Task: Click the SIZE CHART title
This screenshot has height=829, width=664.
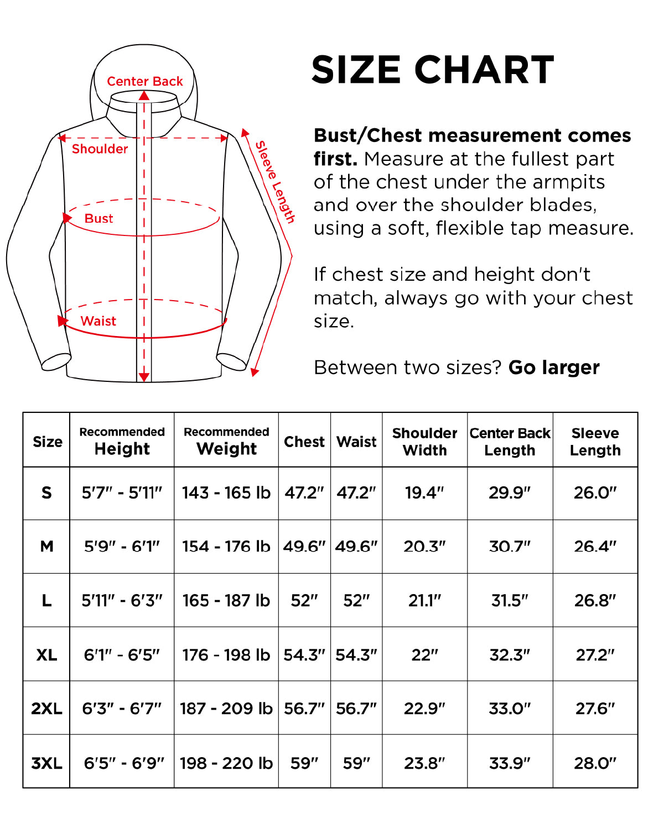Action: tap(433, 70)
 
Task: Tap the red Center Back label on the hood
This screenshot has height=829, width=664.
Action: tap(144, 81)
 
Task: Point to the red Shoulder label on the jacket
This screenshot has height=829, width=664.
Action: tap(100, 149)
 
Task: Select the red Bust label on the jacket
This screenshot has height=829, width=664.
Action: tap(98, 218)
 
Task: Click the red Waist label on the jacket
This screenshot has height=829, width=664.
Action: tap(98, 321)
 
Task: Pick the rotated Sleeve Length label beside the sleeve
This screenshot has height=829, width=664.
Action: tap(274, 182)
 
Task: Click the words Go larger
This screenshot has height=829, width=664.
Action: tap(554, 368)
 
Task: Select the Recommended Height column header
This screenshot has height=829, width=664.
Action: tap(122, 441)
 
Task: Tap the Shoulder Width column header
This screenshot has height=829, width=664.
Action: tap(424, 442)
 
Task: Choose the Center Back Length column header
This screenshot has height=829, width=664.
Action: tap(510, 442)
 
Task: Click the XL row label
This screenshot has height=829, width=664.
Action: tap(46, 655)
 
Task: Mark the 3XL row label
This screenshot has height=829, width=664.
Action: tap(46, 763)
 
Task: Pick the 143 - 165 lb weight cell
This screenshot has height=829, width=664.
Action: tap(226, 492)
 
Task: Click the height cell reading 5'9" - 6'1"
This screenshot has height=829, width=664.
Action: tap(122, 546)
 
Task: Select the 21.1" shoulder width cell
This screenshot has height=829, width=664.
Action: tap(424, 600)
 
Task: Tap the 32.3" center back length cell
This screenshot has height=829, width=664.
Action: tap(510, 655)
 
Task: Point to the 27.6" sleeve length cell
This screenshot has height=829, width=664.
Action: tap(595, 709)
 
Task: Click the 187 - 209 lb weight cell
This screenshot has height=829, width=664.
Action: tap(226, 709)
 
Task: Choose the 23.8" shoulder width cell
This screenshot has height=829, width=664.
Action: tap(424, 763)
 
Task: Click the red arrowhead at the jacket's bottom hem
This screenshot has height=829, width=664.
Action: tap(144, 377)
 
